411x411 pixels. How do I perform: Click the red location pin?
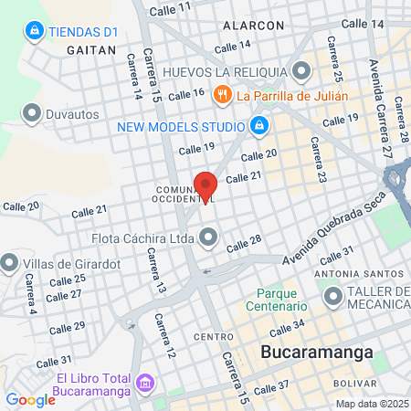point(205,186)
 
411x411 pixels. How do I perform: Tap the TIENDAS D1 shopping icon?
point(35,31)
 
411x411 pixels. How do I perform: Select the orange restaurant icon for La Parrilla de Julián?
point(221,95)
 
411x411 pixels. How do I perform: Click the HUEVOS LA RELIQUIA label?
point(226,71)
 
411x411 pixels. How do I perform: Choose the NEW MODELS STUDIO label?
point(180,125)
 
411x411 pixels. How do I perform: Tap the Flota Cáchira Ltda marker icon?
point(209,239)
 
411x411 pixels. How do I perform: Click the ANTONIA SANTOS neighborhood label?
point(359,274)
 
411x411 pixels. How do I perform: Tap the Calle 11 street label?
point(171,8)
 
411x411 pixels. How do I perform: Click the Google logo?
point(30,399)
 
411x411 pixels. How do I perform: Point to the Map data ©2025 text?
point(370,404)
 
